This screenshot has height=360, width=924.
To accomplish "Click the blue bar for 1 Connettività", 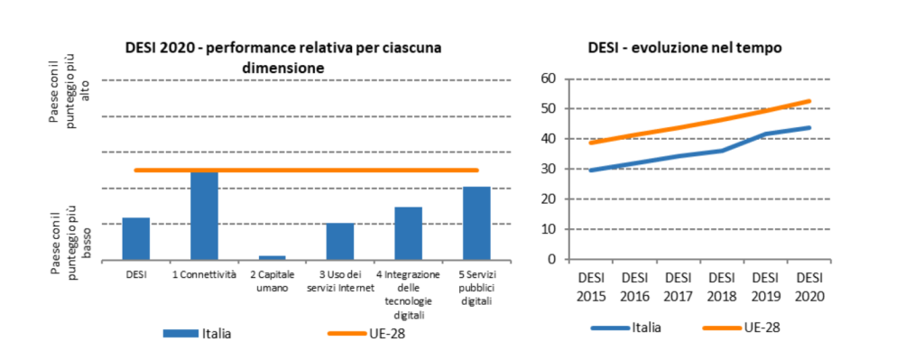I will point(204,215).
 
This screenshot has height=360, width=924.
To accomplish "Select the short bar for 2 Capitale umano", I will point(272,257).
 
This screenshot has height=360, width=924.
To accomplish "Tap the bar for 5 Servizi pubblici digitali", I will point(476,223).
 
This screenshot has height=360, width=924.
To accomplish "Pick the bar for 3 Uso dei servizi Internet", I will point(340,241).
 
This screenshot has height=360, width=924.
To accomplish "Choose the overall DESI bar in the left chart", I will point(136,238).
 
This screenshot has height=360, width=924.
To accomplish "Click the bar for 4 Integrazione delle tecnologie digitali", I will point(408,233).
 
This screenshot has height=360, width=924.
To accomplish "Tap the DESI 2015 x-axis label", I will point(591,286).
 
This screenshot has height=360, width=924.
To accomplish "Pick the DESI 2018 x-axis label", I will point(721,286).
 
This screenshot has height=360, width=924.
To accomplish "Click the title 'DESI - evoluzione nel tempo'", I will point(684,47).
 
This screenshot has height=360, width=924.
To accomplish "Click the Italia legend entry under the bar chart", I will point(198,333).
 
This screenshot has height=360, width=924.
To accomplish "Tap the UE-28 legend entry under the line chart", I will point(737,327).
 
